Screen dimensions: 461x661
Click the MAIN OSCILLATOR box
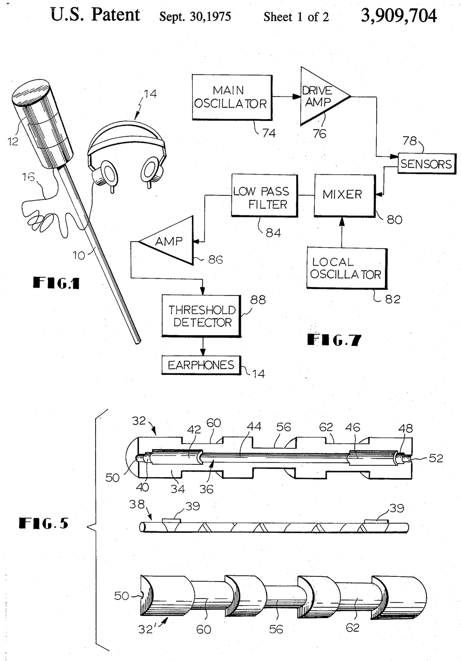click(x=232, y=97)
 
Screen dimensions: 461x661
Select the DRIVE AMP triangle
click(x=322, y=96)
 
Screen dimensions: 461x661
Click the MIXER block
click(x=345, y=195)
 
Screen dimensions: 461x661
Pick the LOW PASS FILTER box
click(x=264, y=195)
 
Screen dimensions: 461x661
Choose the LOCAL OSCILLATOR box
click(x=347, y=268)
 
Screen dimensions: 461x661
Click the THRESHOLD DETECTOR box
click(x=202, y=316)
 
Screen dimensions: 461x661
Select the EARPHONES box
click(x=202, y=365)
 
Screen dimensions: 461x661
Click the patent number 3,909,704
click(x=398, y=15)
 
